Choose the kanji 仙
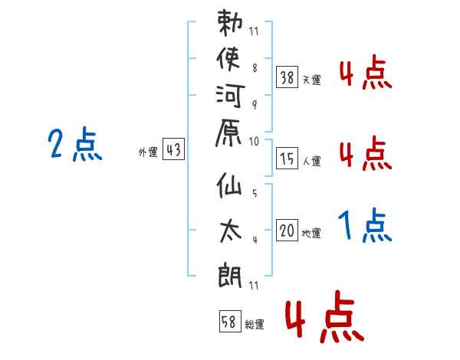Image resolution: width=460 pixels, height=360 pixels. click(x=232, y=191)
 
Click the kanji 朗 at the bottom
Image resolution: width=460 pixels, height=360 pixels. click(x=232, y=272)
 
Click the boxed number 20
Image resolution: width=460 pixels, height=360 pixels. click(x=287, y=230)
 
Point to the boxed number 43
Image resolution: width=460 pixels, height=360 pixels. click(x=173, y=150)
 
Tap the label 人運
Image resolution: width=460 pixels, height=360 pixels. click(x=311, y=161)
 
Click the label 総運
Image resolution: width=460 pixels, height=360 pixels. click(x=255, y=325)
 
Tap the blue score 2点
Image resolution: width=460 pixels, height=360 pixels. click(x=75, y=146)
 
